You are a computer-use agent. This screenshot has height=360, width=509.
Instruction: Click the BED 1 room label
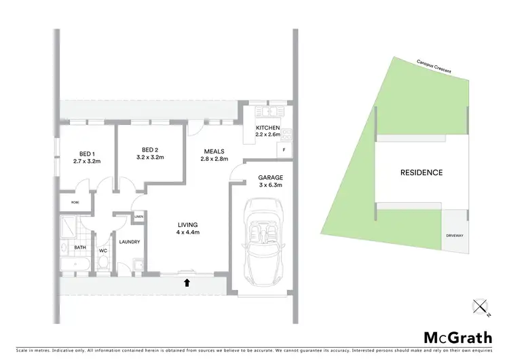(86, 153)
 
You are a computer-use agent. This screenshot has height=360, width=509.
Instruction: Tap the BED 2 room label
(150, 149)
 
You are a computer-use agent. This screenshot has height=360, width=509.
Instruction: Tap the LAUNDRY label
(129, 242)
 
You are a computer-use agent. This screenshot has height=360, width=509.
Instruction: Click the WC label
(103, 250)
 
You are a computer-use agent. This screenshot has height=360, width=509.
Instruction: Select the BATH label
(80, 248)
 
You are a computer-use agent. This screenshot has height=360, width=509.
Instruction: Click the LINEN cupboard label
(138, 217)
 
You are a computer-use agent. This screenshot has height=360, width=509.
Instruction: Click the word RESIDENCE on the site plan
(421, 173)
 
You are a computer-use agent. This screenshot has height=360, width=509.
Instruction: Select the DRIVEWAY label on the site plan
(455, 236)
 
